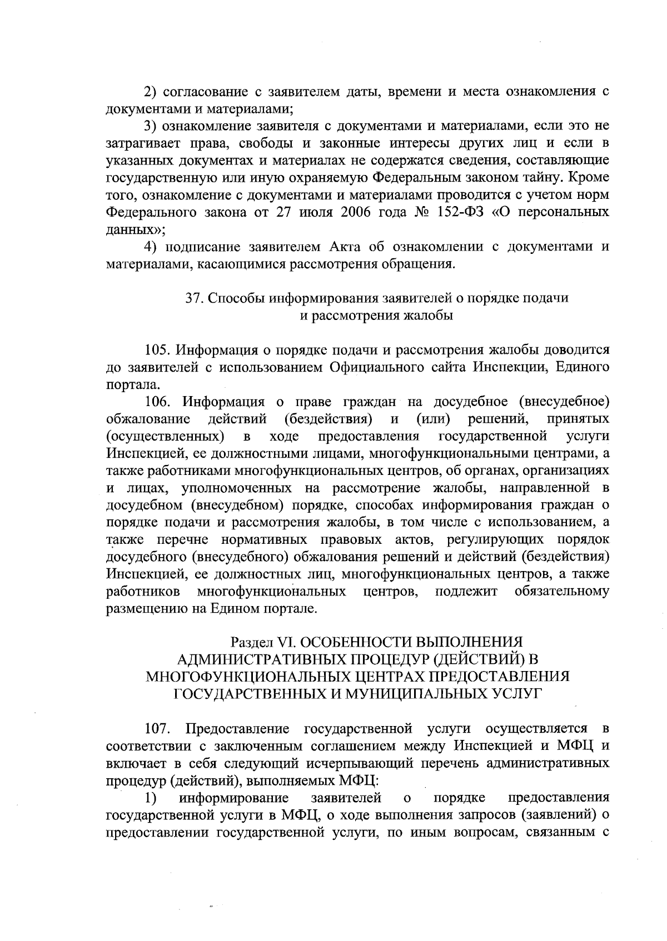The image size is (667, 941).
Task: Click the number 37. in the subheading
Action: tap(195, 298)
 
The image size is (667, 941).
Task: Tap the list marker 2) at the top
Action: tap(150, 92)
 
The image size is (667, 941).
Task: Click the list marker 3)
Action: tap(150, 126)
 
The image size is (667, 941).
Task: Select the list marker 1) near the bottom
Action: tap(151, 798)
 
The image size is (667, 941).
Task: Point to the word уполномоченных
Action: tap(237, 488)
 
